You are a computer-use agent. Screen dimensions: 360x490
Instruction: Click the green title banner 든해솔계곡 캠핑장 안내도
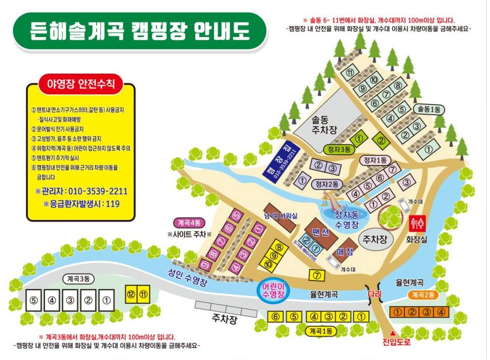pyautogui.click(x=140, y=31)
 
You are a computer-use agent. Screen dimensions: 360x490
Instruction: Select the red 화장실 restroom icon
pyautogui.click(x=417, y=223)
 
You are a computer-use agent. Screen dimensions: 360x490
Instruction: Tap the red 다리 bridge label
pyautogui.click(x=374, y=294)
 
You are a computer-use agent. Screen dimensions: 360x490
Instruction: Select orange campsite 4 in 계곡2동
pyautogui.click(x=441, y=312)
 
